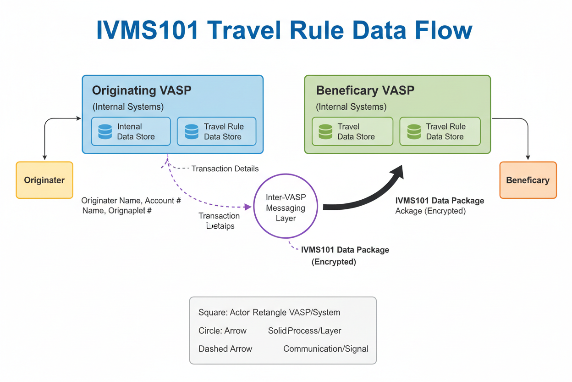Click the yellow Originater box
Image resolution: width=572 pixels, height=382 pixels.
coord(44,180)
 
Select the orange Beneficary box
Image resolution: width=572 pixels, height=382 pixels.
coord(528,180)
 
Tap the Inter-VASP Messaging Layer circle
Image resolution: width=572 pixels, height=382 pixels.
coord(286,206)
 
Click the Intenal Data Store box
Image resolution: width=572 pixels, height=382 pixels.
coord(131,131)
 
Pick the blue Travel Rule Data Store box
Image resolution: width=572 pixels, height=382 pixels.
coord(216,131)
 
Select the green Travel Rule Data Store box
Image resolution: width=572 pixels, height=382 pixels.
coord(440,131)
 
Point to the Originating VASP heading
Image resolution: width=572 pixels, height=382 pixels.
coord(142,90)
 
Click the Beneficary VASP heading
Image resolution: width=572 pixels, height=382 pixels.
coord(365,90)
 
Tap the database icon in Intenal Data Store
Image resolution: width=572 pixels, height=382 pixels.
coord(105,131)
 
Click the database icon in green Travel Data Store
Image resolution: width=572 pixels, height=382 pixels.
coord(325,131)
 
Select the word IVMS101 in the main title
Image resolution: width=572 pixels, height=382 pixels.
coord(148,30)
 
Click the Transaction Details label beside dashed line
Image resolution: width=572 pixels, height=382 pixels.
coord(225,169)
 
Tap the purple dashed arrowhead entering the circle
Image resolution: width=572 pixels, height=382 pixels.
coord(248,207)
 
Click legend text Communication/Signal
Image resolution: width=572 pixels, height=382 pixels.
coord(325,348)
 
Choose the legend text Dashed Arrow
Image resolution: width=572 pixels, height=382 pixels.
coord(225,348)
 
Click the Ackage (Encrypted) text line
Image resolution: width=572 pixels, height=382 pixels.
coord(430,211)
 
